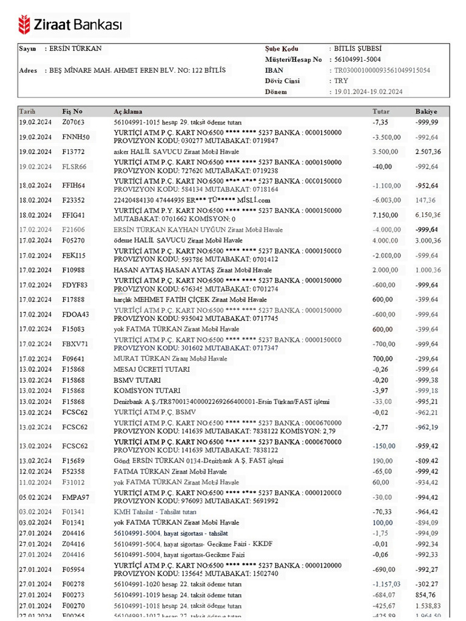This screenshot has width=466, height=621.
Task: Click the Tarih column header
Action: [x=28, y=112]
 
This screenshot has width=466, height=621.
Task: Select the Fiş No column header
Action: [x=72, y=112]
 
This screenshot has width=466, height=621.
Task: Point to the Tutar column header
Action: [x=381, y=112]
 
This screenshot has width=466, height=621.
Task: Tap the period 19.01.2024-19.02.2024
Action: [x=369, y=92]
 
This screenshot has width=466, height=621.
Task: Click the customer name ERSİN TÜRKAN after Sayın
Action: [x=76, y=49]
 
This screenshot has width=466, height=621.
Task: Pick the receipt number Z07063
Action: [x=73, y=123]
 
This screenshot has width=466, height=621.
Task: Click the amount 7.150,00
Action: [x=385, y=215]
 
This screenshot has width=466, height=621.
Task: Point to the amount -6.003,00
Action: [x=386, y=200]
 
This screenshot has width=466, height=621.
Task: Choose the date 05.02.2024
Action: [x=33, y=497]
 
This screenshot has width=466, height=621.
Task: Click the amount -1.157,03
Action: [x=385, y=583]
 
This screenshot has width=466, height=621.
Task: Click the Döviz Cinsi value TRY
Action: [x=340, y=81]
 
